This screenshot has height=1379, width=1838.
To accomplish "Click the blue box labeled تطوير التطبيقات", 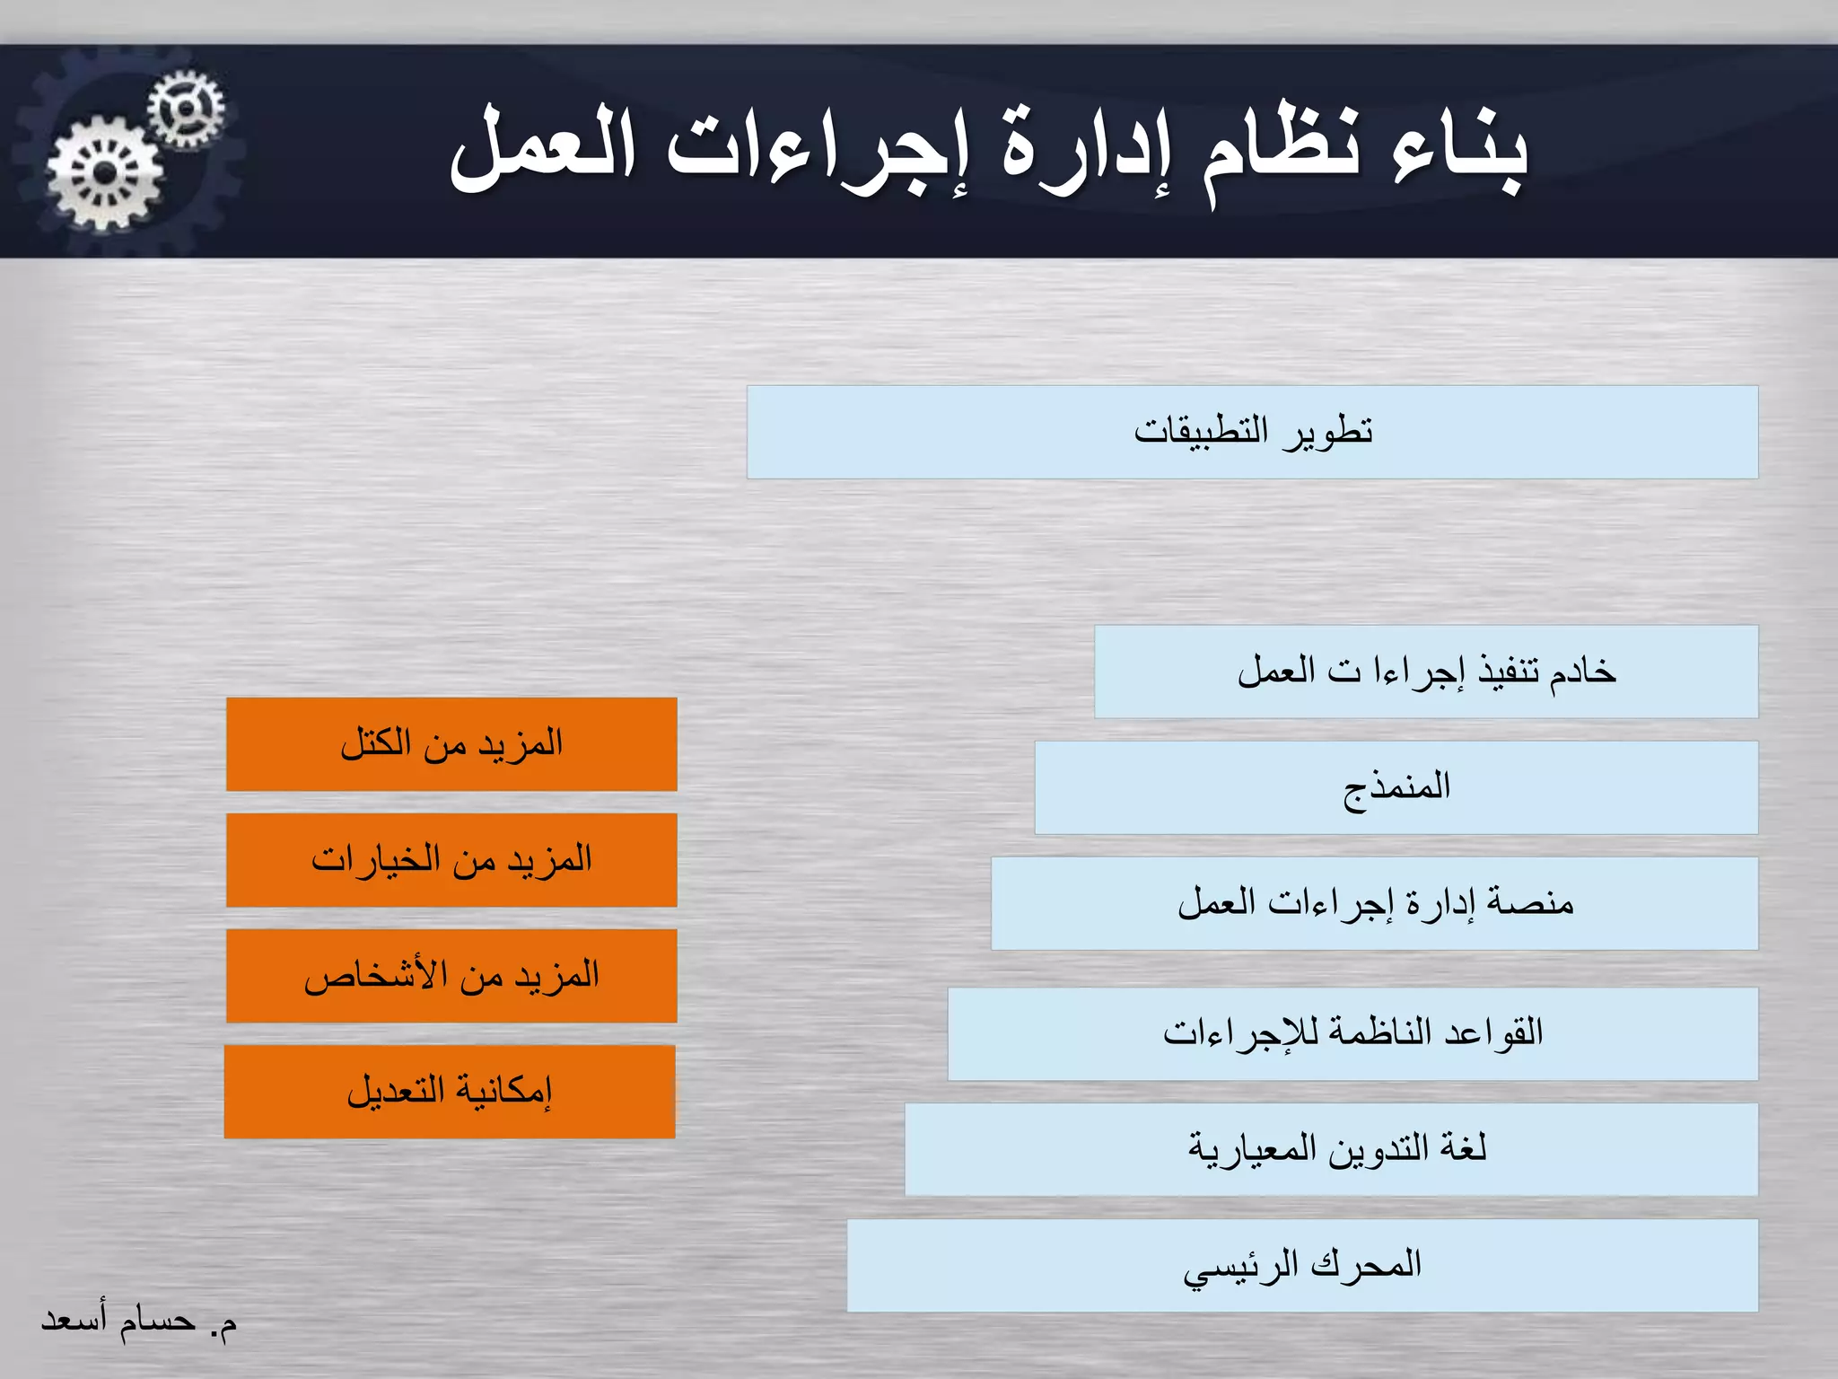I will pyautogui.click(x=1252, y=432).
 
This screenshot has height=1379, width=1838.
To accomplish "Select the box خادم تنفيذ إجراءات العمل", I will pyautogui.click(x=1425, y=672).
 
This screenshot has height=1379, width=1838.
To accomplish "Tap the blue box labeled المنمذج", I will pyautogui.click(x=1396, y=787).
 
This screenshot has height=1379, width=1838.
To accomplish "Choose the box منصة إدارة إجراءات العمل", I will pyautogui.click(x=1374, y=903).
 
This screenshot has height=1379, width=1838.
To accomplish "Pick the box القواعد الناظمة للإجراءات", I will pyautogui.click(x=1352, y=1033).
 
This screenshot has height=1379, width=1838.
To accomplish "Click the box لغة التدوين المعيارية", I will pyautogui.click(x=1331, y=1149).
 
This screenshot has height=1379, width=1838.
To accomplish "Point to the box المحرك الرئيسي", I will pyautogui.click(x=1301, y=1265).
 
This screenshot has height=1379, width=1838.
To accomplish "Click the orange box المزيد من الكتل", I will pyautogui.click(x=451, y=744).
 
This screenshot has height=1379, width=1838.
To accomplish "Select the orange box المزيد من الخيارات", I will pyautogui.click(x=451, y=860).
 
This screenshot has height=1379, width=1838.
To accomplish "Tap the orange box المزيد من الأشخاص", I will pyautogui.click(x=451, y=976).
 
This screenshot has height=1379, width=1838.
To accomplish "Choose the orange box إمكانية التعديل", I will pyautogui.click(x=450, y=1092).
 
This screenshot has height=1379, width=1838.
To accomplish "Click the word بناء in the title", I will pyautogui.click(x=1458, y=153).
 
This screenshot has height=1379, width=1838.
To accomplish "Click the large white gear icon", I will pyautogui.click(x=105, y=173).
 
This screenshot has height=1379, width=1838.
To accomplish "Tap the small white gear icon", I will pyautogui.click(x=186, y=110).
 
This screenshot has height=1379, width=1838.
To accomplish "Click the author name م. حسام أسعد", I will pyautogui.click(x=139, y=1321).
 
